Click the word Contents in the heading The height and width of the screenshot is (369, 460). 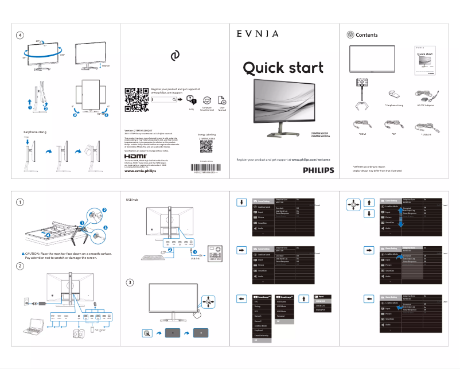[367, 35]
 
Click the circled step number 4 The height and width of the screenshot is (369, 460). [20, 35]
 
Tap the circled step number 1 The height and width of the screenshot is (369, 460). [20, 202]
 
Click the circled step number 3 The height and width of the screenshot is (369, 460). [131, 282]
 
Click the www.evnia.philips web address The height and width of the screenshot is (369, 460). [140, 171]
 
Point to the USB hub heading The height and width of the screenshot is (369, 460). [132, 200]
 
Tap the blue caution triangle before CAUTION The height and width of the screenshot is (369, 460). [22, 253]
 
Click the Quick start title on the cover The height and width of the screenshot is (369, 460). [283, 68]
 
